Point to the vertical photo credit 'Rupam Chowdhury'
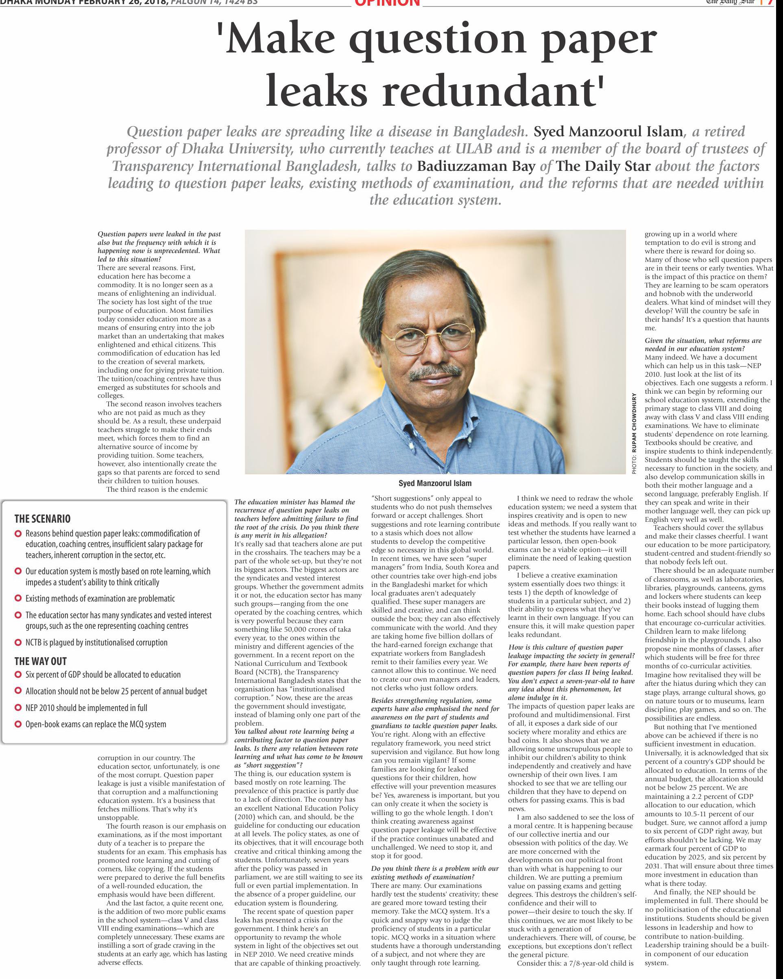point(635,434)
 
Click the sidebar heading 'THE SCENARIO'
point(42,519)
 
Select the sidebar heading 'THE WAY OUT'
point(40,661)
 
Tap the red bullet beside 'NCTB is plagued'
point(18,643)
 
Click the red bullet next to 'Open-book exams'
point(18,724)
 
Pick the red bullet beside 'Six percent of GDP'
point(18,675)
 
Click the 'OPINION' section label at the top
point(387,3)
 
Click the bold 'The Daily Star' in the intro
point(604,166)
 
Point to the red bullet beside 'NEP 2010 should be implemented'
point(18,708)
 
